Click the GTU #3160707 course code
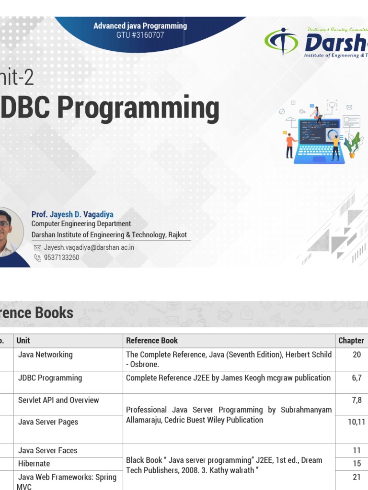click(140, 35)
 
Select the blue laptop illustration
click(319, 141)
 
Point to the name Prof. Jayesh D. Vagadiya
click(72, 214)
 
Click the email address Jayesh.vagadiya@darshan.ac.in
click(89, 247)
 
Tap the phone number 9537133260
click(61, 257)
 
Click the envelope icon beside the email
click(37, 248)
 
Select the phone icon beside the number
click(37, 257)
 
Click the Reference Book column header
click(152, 341)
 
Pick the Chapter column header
click(351, 341)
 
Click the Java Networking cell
click(46, 355)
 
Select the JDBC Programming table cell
click(50, 378)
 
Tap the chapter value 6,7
click(356, 378)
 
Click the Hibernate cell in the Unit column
click(34, 463)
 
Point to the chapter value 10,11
click(356, 422)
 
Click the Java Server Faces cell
click(47, 450)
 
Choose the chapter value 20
click(356, 355)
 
